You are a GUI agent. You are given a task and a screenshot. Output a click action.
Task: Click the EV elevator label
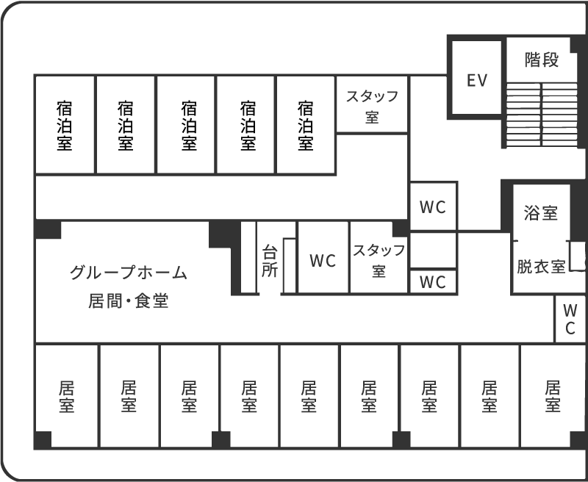[x=477, y=80]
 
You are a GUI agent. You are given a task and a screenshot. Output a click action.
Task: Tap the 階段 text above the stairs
[x=542, y=60]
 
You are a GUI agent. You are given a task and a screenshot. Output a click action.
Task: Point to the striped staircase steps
[x=542, y=115]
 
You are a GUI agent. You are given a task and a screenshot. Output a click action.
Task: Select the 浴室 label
[x=541, y=213]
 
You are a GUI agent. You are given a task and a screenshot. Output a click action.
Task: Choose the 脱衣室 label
[x=541, y=266]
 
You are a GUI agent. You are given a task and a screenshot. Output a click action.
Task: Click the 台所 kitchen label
[x=270, y=260]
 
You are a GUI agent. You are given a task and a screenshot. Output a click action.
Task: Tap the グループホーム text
[x=129, y=273]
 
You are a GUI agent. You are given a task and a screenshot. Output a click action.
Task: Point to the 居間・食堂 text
[x=129, y=301]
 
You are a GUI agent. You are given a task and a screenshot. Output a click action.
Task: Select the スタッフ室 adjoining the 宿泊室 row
[x=372, y=105]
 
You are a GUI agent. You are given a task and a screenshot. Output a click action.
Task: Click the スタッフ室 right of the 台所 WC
[x=379, y=260]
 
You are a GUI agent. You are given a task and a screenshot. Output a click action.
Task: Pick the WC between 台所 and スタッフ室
[x=323, y=260]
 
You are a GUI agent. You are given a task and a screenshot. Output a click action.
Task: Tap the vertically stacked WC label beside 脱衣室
[x=570, y=317]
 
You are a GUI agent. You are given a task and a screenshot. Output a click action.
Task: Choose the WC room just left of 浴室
[x=433, y=206]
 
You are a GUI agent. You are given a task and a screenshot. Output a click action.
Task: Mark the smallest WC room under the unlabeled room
[x=433, y=281]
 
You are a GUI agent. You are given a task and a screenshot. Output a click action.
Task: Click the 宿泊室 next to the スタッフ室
[x=306, y=125]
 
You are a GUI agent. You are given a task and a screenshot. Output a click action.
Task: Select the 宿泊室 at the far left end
[x=65, y=125]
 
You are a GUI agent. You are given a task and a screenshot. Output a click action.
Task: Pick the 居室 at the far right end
[x=553, y=395]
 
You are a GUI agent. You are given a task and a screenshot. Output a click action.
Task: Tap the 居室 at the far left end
[x=66, y=395]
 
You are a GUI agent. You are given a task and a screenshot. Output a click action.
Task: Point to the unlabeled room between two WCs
[x=433, y=250]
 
